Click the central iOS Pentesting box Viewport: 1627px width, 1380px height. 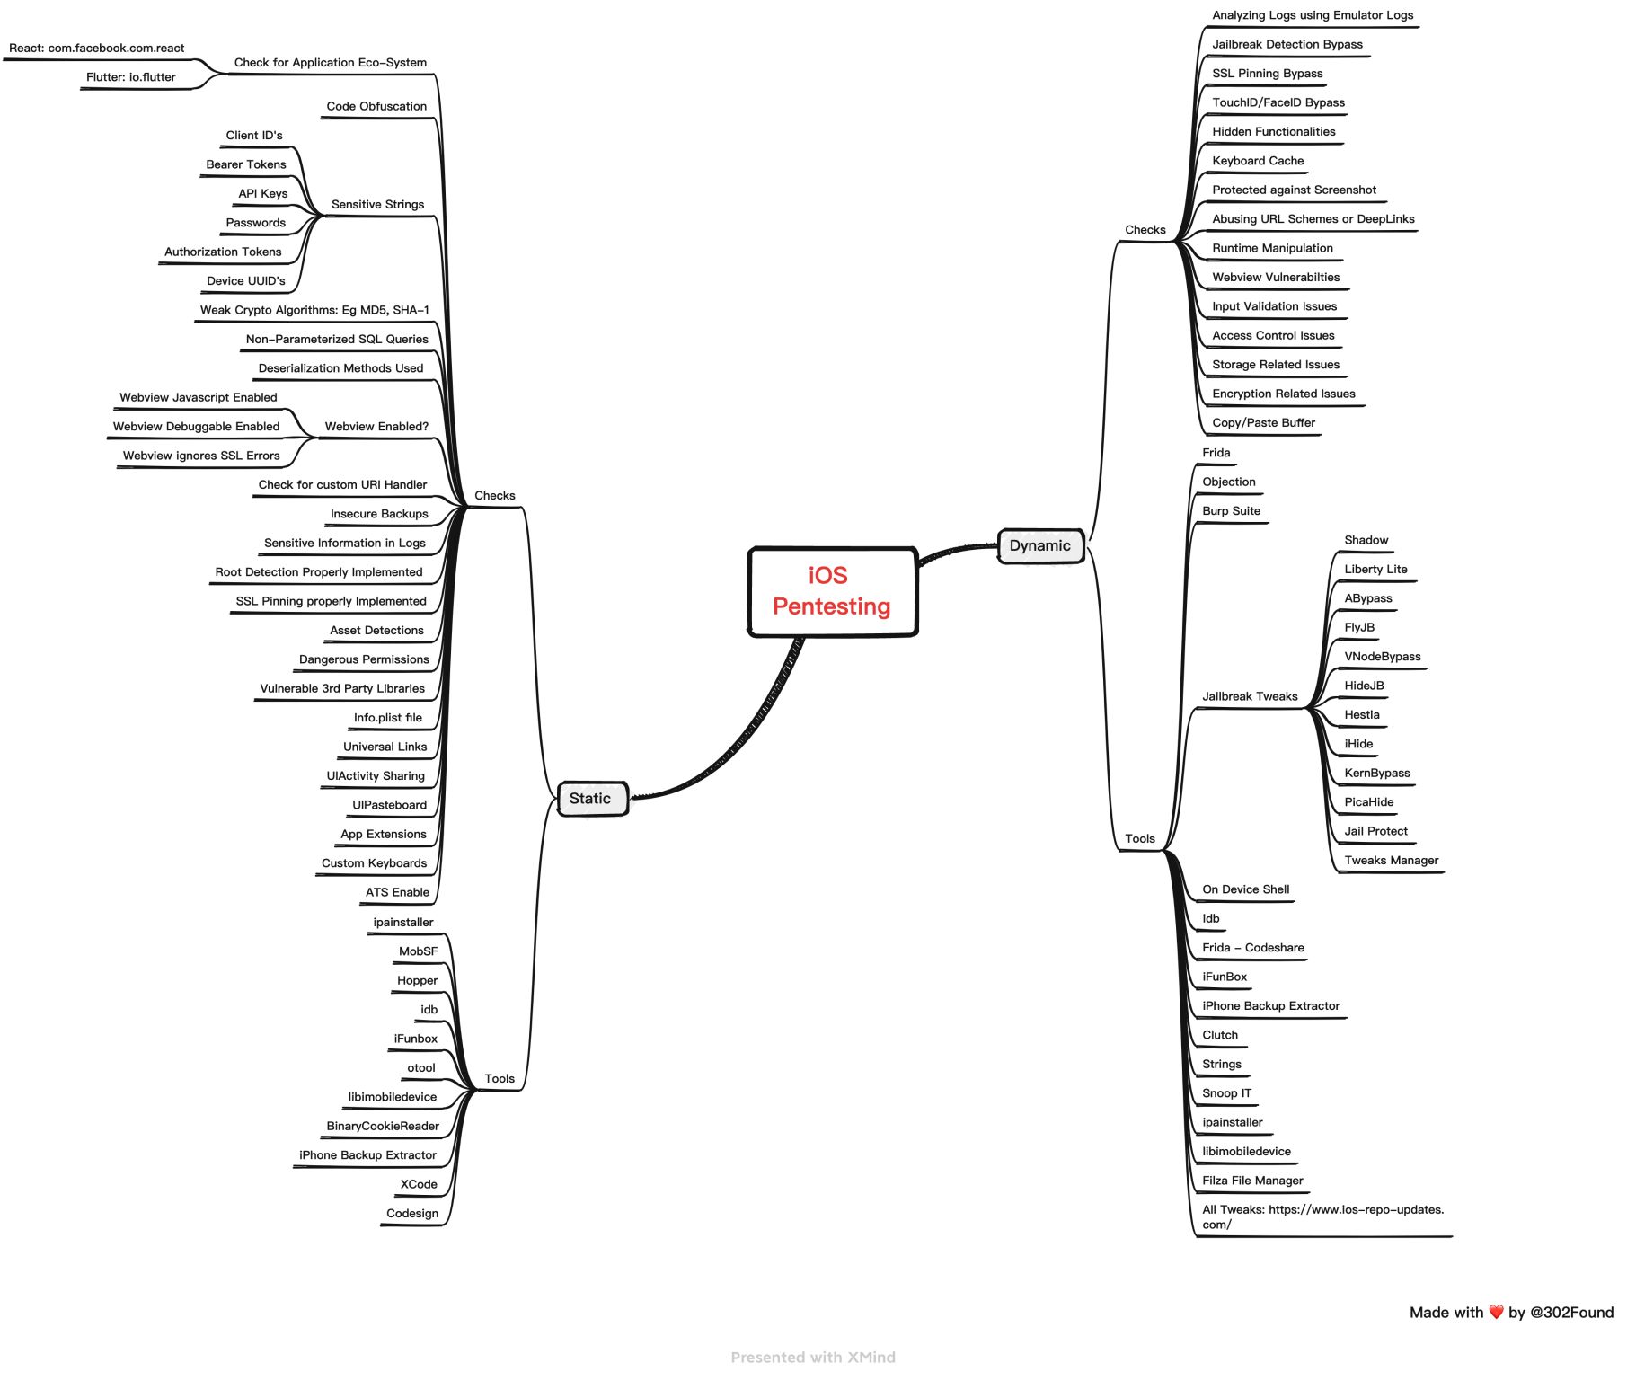point(832,591)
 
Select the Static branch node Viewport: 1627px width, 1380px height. point(590,799)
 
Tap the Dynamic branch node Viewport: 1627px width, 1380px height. point(1039,546)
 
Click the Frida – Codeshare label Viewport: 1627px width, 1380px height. point(1252,948)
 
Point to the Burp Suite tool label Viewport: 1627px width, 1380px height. point(1231,511)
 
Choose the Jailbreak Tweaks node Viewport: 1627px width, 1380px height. point(1250,696)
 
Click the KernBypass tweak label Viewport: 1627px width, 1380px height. point(1376,774)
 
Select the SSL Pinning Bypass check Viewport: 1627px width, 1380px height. point(1267,74)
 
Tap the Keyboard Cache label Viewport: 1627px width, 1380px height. point(1257,161)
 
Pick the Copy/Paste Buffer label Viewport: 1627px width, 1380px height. point(1263,423)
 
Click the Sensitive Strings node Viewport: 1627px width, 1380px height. point(377,205)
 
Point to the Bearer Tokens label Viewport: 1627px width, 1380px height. point(246,164)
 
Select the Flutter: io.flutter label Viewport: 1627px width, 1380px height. point(131,77)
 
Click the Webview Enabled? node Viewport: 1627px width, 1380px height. point(376,427)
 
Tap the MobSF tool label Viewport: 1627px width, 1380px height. point(418,951)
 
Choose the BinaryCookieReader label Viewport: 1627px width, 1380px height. point(383,1127)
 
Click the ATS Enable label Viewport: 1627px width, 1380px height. point(397,893)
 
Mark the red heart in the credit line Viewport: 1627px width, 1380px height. point(1496,1312)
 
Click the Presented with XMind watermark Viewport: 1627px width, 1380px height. point(813,1358)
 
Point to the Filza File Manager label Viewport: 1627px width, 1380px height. point(1252,1181)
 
